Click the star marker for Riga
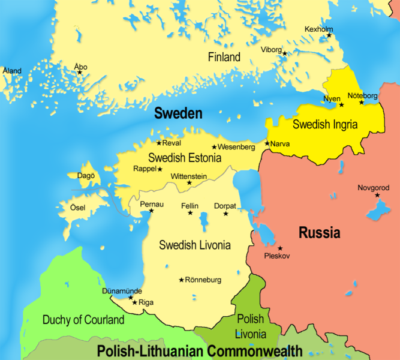coord(134,302)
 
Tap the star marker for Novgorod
coord(377,195)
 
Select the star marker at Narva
coord(267,143)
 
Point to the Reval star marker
coord(159,143)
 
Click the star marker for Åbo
coord(79,73)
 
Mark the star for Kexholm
coord(329,35)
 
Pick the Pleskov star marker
coord(279,248)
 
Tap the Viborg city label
coord(271,50)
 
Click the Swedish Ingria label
coord(324,125)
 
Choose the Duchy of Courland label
coord(83,320)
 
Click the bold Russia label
coord(319,232)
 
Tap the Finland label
coord(224,58)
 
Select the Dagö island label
coord(85,176)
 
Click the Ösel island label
coord(78,208)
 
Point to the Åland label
coord(11,71)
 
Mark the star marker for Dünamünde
coord(131,297)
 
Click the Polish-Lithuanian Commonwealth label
coord(199,351)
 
